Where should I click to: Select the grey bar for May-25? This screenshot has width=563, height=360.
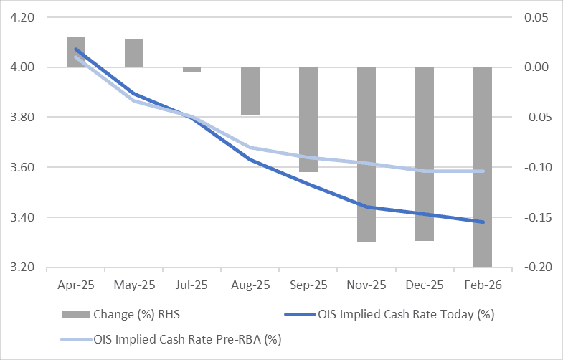133,53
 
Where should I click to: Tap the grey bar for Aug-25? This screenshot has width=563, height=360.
250,91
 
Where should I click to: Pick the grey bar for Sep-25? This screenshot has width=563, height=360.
308,120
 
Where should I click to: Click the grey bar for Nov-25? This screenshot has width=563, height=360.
366,155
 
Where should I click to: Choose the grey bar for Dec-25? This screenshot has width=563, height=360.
425,154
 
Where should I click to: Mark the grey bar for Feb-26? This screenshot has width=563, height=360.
483,167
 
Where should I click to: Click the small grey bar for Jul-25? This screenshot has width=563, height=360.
191,70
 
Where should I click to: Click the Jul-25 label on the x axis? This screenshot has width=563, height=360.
191,285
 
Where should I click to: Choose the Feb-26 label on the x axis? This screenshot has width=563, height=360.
483,285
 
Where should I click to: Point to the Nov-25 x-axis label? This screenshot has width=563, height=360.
366,285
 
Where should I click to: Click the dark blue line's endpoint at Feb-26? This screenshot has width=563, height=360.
483,222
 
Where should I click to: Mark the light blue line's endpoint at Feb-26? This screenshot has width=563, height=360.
483,171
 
